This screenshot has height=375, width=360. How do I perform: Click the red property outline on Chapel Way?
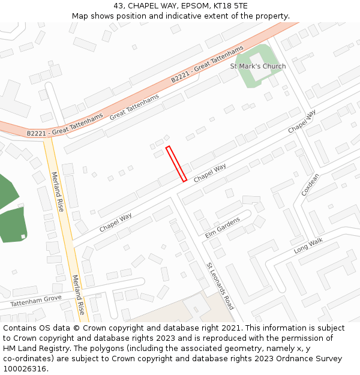176,163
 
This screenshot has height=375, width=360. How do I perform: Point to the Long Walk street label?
308,245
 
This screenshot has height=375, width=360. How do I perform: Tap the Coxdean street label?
311,185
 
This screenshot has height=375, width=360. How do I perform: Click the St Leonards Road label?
220,286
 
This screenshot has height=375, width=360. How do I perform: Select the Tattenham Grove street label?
36,298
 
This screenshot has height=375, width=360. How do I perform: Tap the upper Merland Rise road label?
57,191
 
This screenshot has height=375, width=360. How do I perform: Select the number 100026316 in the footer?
25,368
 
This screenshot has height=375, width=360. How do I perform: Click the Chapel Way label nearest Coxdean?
302,122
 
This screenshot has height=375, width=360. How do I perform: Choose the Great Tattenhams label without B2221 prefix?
134,107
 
